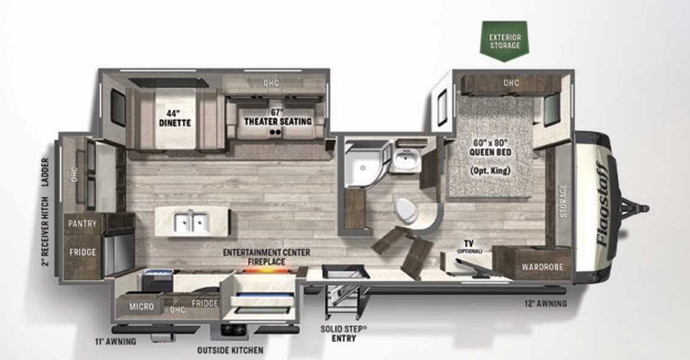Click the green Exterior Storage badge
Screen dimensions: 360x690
coord(504,41)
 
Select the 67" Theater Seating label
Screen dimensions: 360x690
coord(277,117)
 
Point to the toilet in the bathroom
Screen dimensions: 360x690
coord(405,211)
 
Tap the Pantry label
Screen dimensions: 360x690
coord(82,223)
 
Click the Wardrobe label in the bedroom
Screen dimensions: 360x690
coord(543,267)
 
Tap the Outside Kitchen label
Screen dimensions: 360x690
coord(230,350)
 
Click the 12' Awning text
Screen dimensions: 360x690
coord(546,303)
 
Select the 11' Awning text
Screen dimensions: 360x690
coord(116,341)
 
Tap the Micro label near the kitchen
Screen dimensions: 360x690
coord(141,306)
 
